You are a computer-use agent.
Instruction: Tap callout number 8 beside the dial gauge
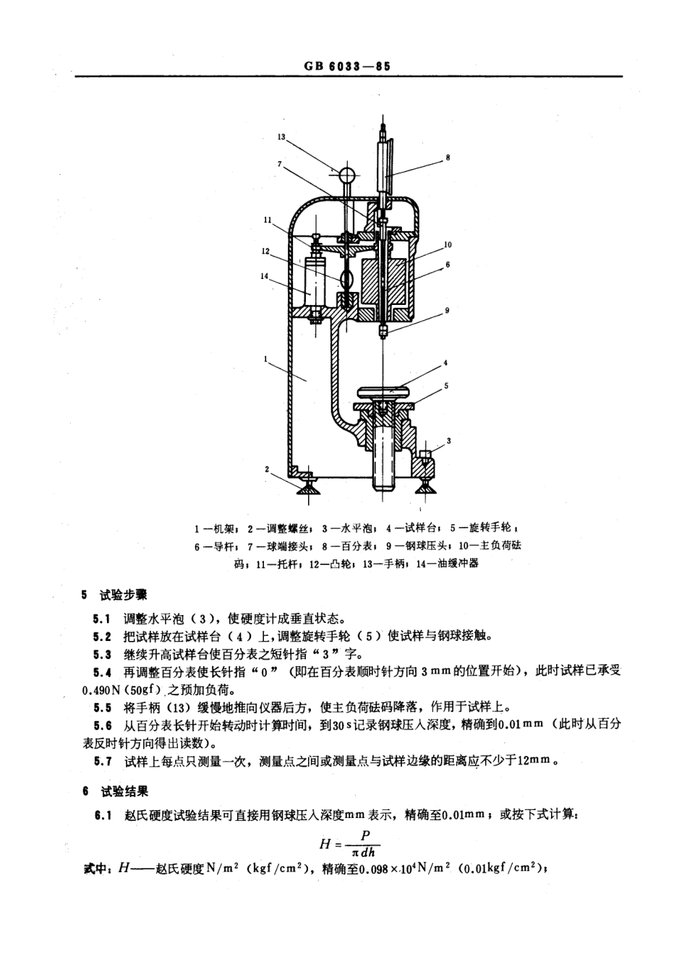click(448, 157)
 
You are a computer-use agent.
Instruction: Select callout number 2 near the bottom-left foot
click(267, 469)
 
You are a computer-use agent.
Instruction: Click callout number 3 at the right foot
click(448, 439)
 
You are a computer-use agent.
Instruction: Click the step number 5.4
click(102, 671)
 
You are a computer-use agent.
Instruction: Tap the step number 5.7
click(102, 760)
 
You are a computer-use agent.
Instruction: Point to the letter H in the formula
click(325, 843)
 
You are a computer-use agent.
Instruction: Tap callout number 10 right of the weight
click(448, 245)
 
